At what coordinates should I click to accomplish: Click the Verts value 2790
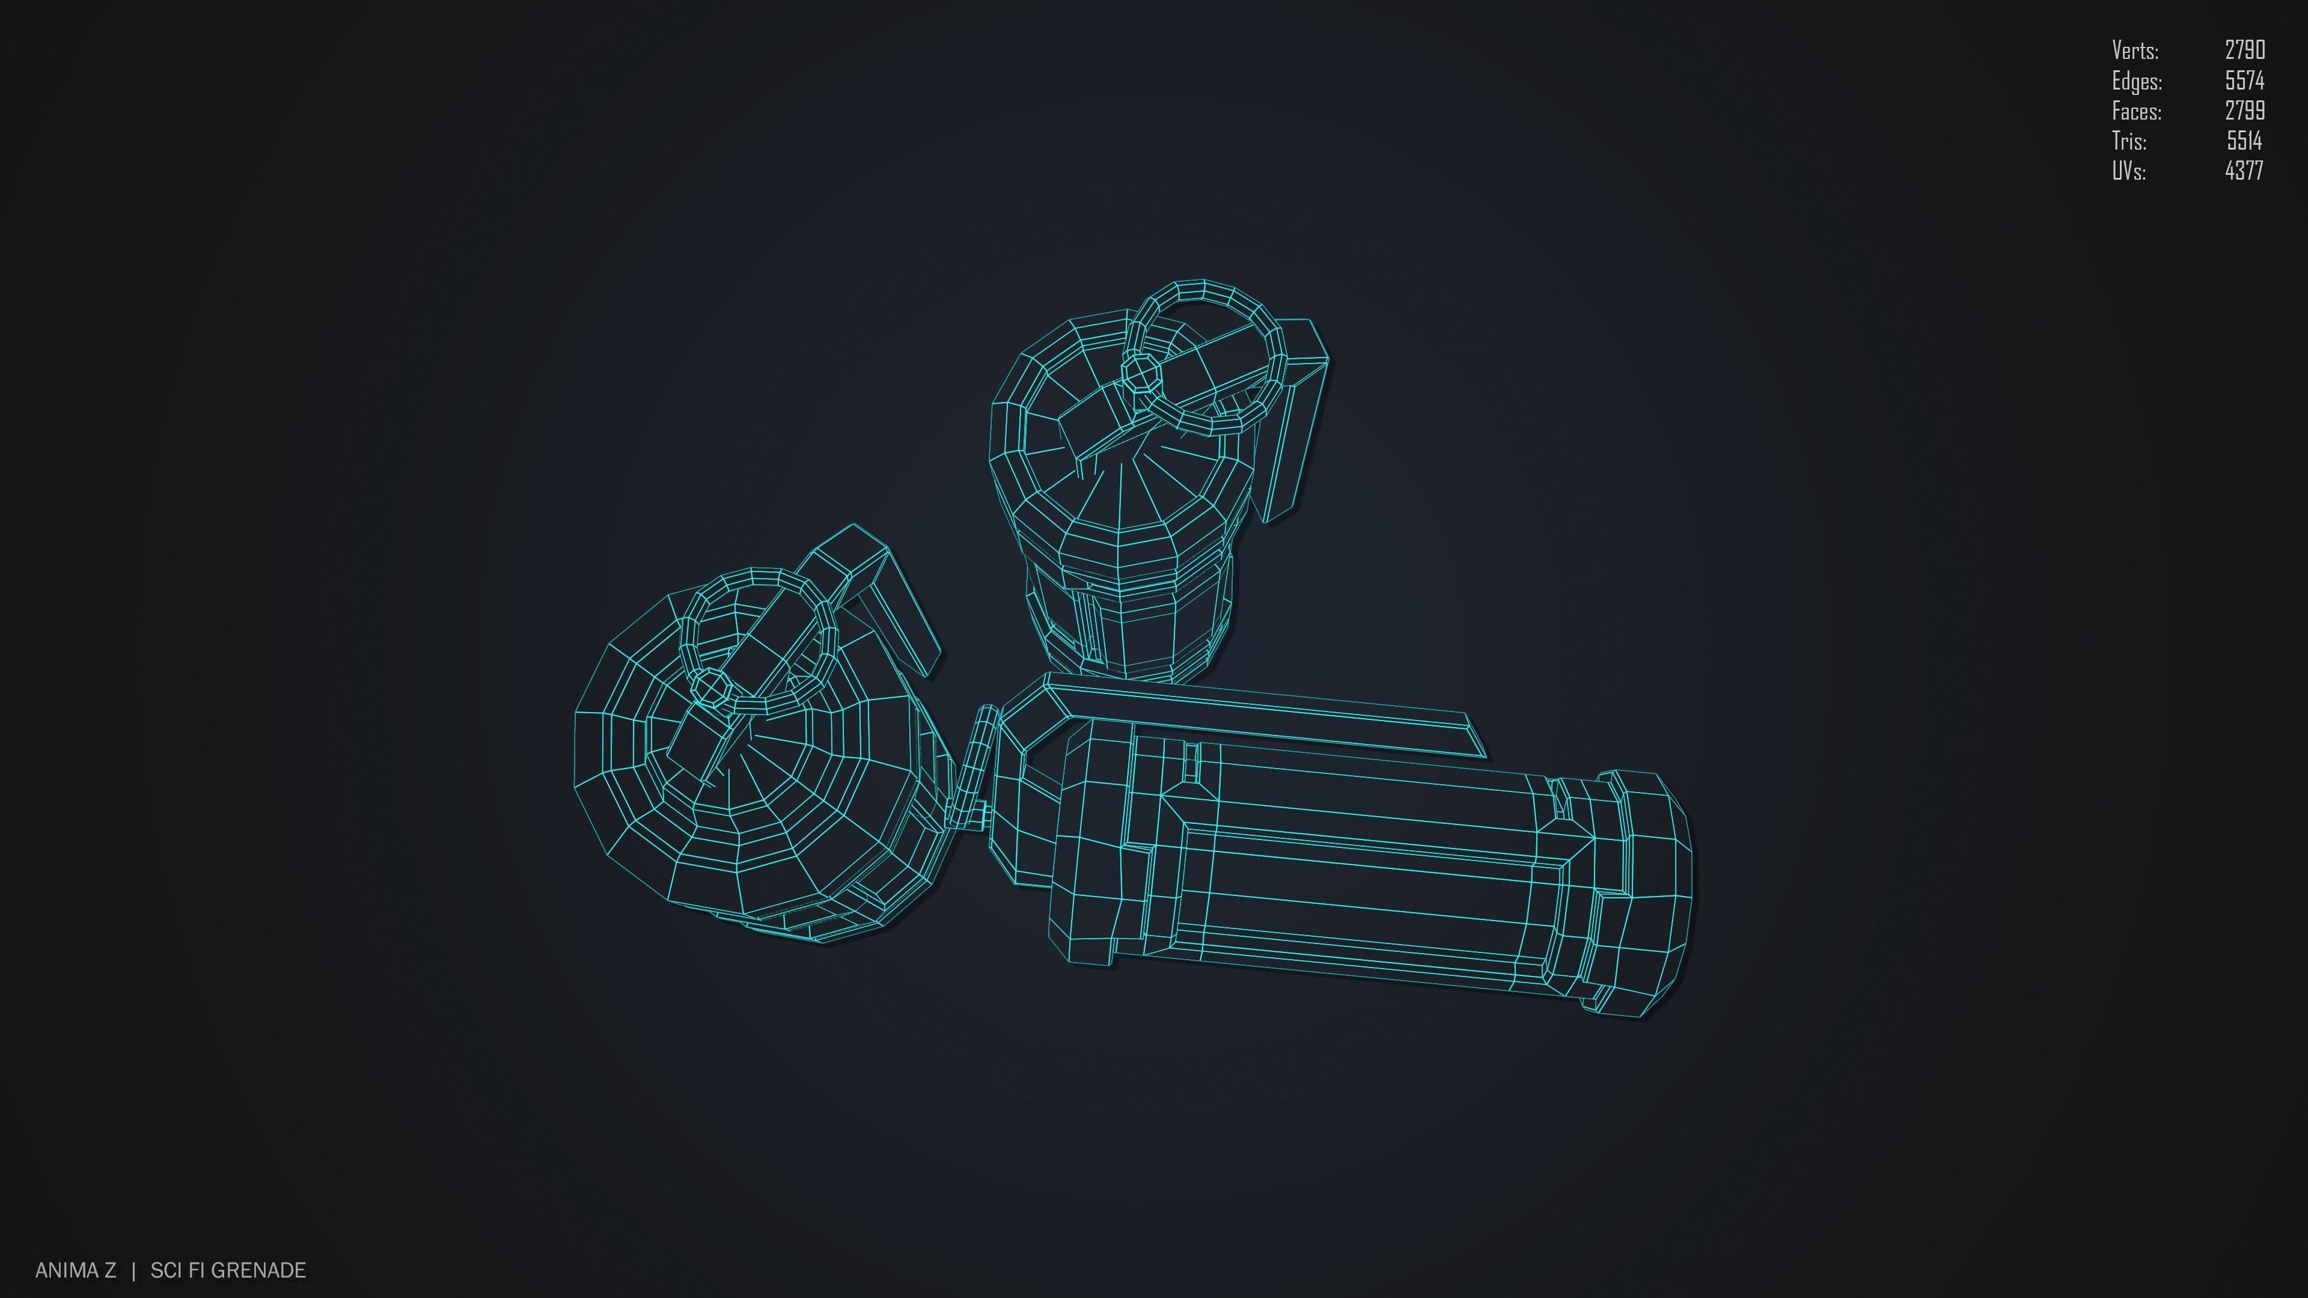(x=2244, y=50)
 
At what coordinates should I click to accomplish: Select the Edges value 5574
(x=2244, y=81)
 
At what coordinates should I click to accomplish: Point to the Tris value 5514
(x=2244, y=141)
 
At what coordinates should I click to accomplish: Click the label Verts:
(x=2135, y=50)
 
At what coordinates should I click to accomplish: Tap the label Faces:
(x=2137, y=112)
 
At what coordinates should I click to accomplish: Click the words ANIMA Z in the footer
(x=75, y=1270)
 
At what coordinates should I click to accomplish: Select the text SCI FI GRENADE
(x=228, y=1270)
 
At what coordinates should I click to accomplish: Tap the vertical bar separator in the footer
(x=133, y=1270)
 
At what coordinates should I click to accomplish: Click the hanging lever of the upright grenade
(x=1295, y=430)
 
